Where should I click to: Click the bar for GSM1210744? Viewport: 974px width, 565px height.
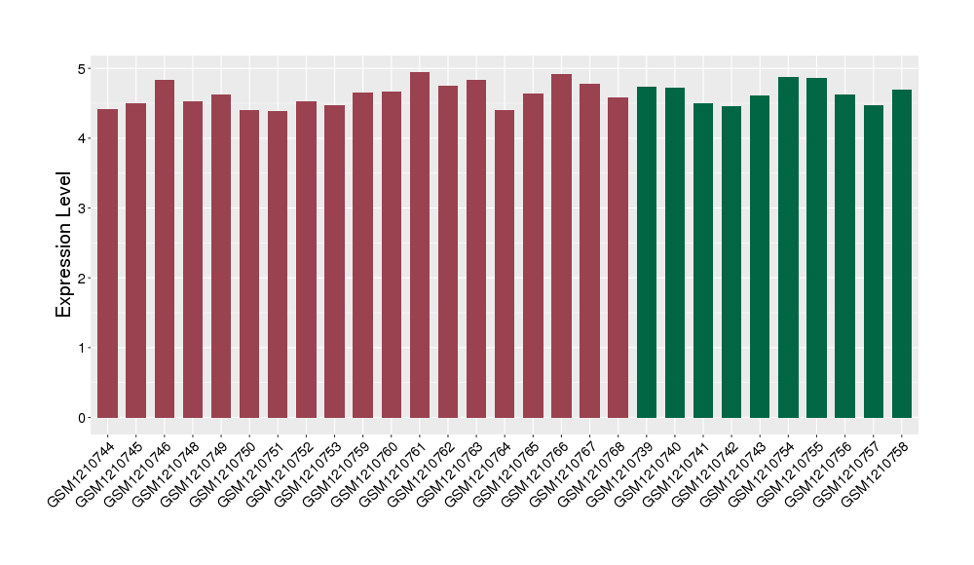[107, 263]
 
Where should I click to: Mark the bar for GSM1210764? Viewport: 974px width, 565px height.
[505, 264]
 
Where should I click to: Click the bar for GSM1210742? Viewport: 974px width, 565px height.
[731, 262]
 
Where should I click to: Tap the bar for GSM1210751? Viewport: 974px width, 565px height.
[278, 264]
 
